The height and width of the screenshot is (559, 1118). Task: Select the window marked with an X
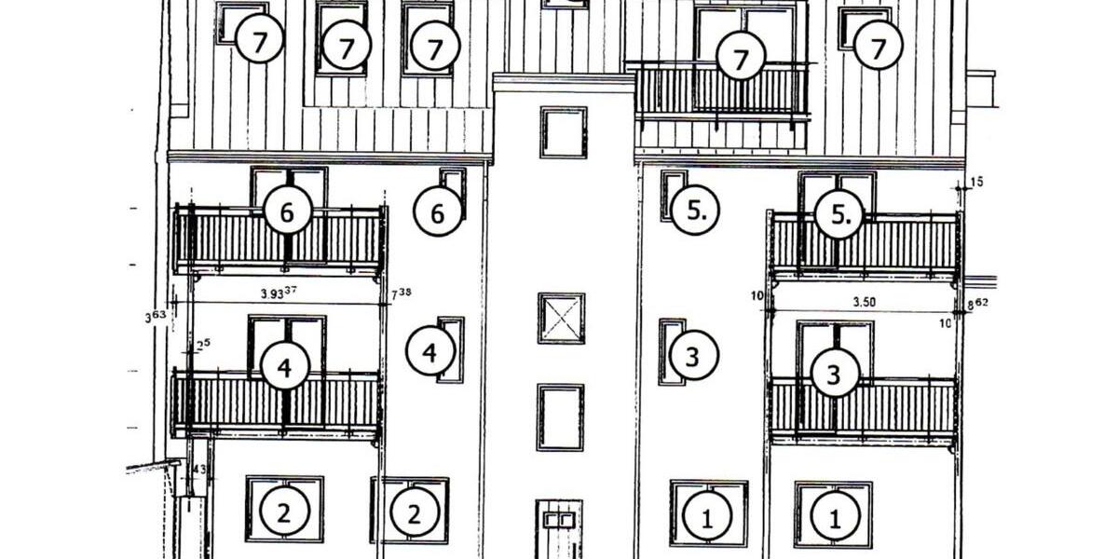562,319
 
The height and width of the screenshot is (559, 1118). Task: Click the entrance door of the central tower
559,529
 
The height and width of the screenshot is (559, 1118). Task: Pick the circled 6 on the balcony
287,213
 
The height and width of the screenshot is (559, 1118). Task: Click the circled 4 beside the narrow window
429,353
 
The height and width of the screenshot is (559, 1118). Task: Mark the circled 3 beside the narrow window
693,358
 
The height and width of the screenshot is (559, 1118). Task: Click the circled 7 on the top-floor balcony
742,60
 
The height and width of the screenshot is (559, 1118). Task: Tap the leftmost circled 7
259,41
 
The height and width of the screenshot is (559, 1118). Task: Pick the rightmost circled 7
879,47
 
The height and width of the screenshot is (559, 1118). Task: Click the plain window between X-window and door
561,416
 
